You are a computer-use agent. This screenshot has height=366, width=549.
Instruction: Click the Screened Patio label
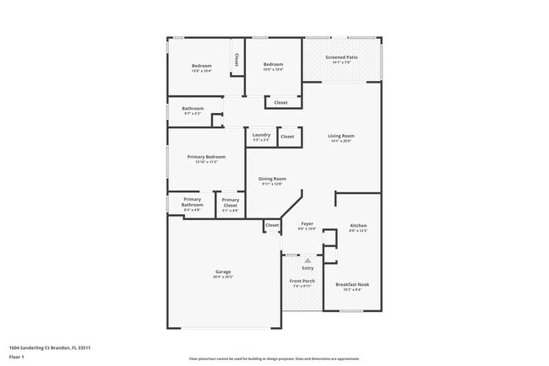tap(341, 57)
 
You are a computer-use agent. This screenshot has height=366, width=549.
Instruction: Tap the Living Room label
tap(341, 136)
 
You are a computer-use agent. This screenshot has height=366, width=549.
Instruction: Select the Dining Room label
tap(272, 179)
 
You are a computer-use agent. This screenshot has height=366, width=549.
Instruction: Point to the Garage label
tap(223, 272)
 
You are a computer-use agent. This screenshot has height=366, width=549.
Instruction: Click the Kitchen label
tap(358, 226)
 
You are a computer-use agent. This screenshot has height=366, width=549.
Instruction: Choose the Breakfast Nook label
tap(352, 284)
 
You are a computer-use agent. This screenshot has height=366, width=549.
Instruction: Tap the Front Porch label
tap(302, 281)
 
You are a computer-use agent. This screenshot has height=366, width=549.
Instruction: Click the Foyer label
tap(307, 224)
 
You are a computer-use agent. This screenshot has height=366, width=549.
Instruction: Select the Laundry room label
tap(261, 135)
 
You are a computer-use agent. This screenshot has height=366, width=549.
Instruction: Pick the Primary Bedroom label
tap(206, 157)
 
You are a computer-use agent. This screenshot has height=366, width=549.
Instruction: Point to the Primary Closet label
tap(231, 202)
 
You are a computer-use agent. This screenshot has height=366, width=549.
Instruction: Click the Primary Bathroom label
tap(192, 202)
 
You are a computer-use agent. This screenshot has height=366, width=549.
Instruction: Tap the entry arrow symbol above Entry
tap(307, 261)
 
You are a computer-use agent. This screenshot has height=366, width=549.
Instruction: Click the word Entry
tap(307, 268)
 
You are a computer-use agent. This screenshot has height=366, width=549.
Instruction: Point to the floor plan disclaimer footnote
tap(274, 357)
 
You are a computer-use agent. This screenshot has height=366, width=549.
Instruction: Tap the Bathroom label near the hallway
tap(193, 108)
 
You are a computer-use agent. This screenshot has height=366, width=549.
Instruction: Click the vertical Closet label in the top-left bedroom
tap(236, 60)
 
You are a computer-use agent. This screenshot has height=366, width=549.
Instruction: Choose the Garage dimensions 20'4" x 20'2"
tap(223, 277)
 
